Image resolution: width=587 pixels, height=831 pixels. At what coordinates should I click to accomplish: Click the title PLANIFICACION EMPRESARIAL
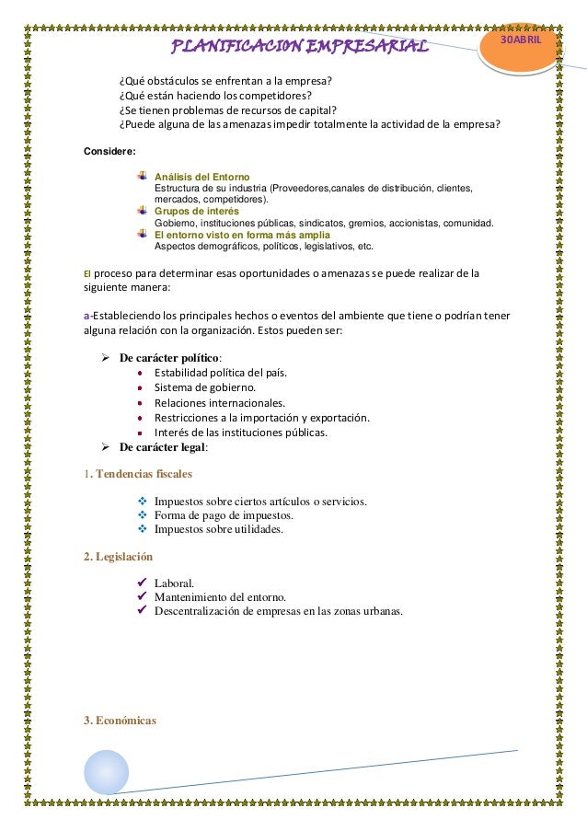click(301, 46)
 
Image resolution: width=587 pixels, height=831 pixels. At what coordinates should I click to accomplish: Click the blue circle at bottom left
click(107, 771)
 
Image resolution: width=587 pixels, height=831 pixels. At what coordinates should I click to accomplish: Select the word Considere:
click(109, 150)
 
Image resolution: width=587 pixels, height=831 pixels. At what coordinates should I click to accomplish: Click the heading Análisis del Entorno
click(201, 176)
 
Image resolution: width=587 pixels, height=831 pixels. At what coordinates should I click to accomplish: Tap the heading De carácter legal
click(163, 447)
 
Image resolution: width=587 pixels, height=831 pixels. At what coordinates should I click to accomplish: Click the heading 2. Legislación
click(118, 557)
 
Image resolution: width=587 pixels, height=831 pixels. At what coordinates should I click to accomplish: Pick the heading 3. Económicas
click(120, 720)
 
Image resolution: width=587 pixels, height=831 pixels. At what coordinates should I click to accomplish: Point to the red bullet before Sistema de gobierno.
click(139, 387)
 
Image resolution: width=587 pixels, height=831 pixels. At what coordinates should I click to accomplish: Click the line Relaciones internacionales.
click(220, 402)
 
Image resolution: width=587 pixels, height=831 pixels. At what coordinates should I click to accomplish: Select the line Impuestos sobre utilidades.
click(218, 529)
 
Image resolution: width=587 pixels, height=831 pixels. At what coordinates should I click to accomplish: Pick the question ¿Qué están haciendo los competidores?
click(215, 95)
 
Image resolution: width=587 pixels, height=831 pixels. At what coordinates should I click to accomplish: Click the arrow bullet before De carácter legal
click(106, 447)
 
